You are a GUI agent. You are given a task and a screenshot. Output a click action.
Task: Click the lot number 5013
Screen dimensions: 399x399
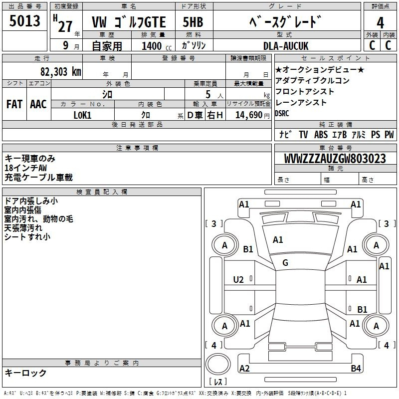[24, 20]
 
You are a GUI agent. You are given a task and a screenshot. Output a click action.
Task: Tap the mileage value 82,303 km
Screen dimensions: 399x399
[61, 72]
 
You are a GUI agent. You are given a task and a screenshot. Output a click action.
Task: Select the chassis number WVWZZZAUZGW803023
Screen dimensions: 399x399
[335, 159]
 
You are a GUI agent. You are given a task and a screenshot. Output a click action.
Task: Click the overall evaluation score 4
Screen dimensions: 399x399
[380, 22]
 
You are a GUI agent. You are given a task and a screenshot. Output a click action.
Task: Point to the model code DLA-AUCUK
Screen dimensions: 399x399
[286, 46]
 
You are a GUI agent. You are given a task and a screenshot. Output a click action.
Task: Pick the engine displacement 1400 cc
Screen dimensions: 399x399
[157, 46]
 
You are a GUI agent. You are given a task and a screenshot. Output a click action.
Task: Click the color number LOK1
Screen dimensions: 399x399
[82, 115]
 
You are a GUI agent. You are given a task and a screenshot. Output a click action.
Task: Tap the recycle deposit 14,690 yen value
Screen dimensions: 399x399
[252, 115]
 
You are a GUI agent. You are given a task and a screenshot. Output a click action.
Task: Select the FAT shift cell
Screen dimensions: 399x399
[14, 104]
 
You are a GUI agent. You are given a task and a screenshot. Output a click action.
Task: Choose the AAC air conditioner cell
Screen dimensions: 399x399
[38, 104]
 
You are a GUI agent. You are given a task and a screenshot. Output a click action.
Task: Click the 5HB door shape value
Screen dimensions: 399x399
[193, 22]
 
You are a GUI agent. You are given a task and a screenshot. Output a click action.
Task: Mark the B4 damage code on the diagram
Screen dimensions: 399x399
[356, 368]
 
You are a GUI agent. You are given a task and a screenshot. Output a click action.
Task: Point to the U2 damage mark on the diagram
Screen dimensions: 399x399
[238, 280]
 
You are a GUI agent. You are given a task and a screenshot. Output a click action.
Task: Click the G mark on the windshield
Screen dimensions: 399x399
[285, 263]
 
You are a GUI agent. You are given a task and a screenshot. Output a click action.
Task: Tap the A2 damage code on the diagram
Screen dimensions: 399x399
[244, 368]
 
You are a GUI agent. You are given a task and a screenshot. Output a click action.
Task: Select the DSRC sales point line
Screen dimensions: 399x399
[282, 113]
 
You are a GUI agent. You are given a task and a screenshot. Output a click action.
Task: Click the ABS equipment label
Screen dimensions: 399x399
[321, 135]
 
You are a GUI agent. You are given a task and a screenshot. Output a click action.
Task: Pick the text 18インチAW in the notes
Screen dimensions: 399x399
[26, 168]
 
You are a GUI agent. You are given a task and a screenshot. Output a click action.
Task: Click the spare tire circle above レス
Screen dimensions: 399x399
[218, 364]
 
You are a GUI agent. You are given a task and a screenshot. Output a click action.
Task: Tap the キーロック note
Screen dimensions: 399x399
[26, 373]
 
